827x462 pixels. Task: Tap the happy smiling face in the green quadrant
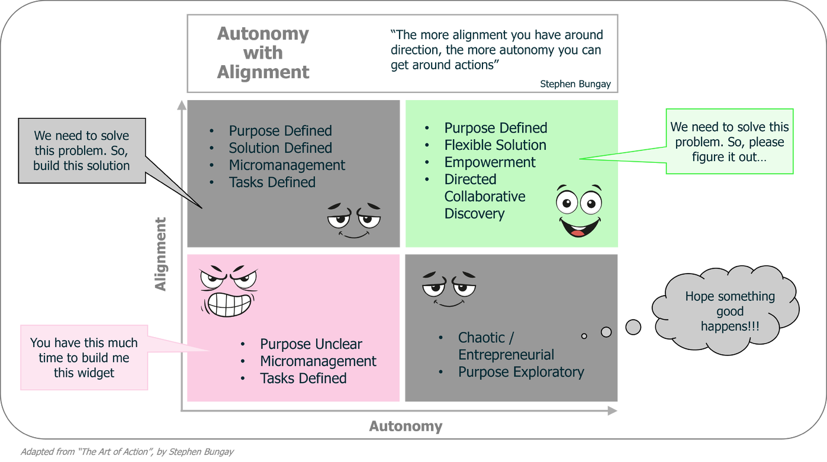[578, 211]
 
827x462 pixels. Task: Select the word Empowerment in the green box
[490, 162]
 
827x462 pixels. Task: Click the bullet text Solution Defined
[280, 148]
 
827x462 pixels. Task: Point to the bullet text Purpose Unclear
[311, 344]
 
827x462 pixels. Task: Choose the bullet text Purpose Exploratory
[521, 372]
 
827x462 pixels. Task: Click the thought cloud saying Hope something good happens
[729, 311]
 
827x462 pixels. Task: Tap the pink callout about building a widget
[83, 358]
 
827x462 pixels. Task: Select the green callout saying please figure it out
[729, 142]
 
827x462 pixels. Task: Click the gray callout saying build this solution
[82, 151]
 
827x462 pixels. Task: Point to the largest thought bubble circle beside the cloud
[633, 326]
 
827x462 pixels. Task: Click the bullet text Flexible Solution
[495, 145]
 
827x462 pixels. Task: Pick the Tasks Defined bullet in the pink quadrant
[303, 378]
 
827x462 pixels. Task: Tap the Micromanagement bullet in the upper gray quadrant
[287, 165]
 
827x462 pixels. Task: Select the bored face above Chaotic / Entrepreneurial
[449, 288]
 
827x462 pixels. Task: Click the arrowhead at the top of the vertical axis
[182, 105]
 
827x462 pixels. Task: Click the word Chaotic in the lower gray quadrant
[482, 338]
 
